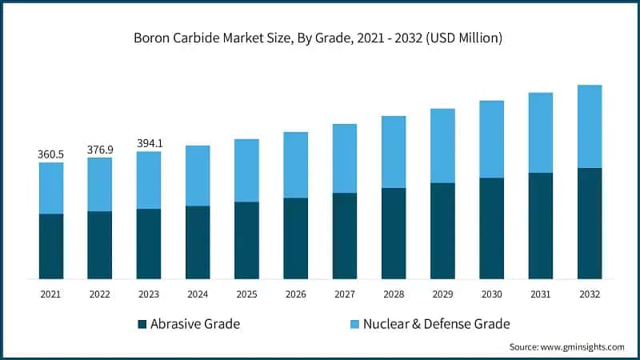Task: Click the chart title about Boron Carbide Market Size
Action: tap(320, 38)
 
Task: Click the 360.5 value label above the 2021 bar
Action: tap(51, 153)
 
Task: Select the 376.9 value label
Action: tap(100, 148)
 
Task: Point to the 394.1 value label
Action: tap(149, 143)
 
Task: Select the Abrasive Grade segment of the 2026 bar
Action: tap(295, 238)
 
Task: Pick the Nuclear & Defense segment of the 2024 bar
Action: tap(198, 176)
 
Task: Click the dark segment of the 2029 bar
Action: tap(442, 230)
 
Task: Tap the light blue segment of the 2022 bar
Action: tap(100, 185)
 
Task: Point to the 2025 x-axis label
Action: tap(246, 294)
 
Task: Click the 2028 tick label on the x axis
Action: tap(394, 294)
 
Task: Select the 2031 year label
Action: tap(540, 294)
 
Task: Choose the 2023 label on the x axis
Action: tap(149, 294)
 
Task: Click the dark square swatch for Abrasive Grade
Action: tap(142, 324)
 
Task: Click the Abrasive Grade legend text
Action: tap(196, 324)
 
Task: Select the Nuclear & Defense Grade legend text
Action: tap(436, 324)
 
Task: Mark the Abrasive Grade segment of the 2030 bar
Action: tap(491, 228)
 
